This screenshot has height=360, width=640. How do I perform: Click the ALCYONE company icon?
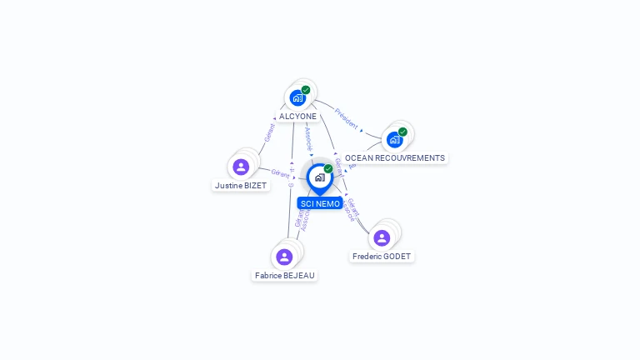(297, 97)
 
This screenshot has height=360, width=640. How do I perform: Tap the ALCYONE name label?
(297, 117)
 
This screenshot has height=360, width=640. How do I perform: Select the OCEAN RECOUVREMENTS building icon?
(394, 139)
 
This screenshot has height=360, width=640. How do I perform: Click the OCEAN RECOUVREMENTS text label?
(395, 158)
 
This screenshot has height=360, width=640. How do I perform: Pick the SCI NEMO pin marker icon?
(319, 177)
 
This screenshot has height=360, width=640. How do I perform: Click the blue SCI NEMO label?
(320, 203)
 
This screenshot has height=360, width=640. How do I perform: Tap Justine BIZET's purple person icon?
(241, 167)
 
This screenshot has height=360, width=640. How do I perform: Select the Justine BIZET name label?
(241, 186)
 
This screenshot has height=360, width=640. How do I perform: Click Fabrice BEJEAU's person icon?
(284, 257)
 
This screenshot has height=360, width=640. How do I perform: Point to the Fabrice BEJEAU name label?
(286, 275)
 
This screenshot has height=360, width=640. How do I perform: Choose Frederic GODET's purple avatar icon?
(382, 238)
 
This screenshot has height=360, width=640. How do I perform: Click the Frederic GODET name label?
(382, 257)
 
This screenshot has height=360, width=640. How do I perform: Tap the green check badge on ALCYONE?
(306, 90)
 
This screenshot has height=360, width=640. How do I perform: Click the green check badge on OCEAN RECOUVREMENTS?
(402, 132)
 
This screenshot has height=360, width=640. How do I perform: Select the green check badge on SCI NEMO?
(328, 169)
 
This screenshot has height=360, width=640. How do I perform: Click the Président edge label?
(347, 118)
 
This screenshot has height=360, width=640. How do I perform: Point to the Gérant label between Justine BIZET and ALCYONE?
(269, 132)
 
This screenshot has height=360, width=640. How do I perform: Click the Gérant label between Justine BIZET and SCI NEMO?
(281, 173)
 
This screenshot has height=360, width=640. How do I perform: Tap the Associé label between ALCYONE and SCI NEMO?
(308, 137)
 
